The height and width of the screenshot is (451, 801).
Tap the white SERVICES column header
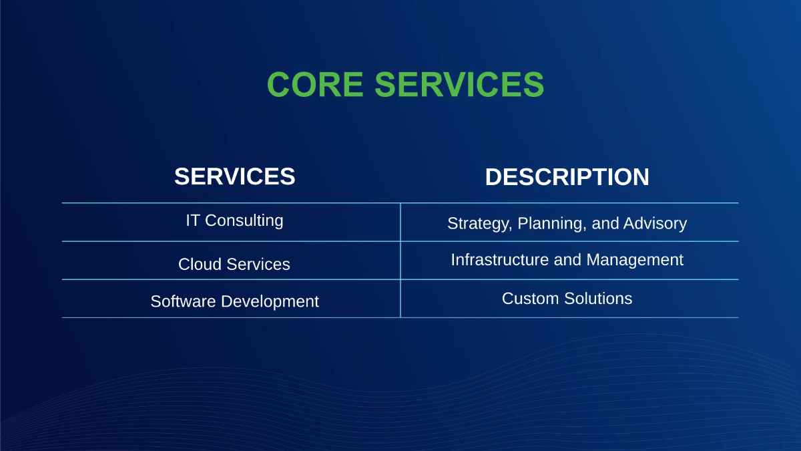[234, 176]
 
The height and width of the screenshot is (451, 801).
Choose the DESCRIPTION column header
[567, 177]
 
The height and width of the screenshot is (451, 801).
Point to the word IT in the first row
[193, 220]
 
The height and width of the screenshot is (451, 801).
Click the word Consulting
[244, 220]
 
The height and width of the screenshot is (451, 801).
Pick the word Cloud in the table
[198, 264]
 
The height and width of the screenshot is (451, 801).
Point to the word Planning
[551, 224]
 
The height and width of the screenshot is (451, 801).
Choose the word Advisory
[655, 223]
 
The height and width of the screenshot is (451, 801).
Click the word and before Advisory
[605, 223]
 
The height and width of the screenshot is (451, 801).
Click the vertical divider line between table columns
[400, 261]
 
